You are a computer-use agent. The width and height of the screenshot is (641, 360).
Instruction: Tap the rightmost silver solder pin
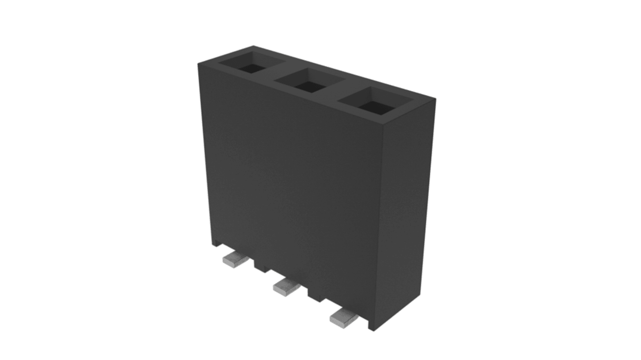344,318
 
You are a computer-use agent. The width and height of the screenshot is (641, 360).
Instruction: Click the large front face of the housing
289,180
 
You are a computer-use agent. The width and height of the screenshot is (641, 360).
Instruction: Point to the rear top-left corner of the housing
253,46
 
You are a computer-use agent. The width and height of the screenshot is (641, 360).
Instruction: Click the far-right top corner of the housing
435,98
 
